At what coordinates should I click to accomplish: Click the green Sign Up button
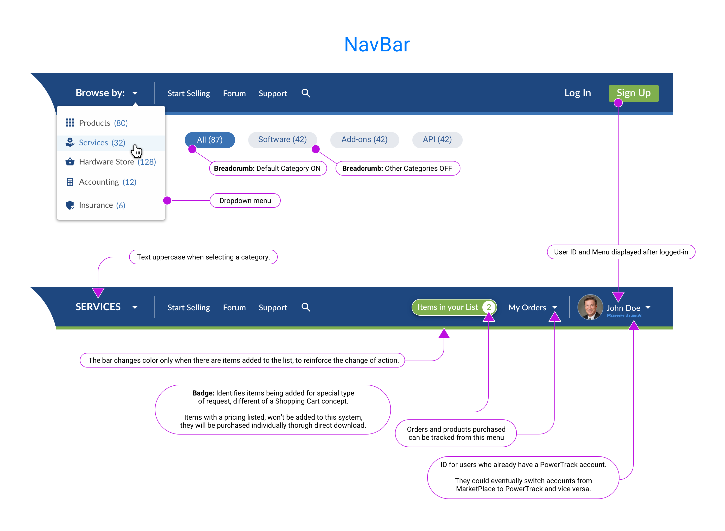click(x=633, y=93)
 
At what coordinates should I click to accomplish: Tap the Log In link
click(x=577, y=93)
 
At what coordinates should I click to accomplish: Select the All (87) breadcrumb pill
click(x=210, y=140)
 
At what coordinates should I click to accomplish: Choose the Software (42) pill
click(x=282, y=140)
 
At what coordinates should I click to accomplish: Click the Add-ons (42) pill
click(x=364, y=140)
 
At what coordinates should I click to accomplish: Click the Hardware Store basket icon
click(x=70, y=162)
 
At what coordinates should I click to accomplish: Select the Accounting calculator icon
click(x=70, y=182)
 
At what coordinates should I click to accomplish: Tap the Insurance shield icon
click(x=70, y=205)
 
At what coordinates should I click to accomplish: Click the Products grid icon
click(x=70, y=123)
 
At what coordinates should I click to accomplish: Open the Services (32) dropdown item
click(x=102, y=143)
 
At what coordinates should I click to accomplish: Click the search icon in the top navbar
click(x=306, y=93)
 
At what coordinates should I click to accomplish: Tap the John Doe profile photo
click(x=590, y=307)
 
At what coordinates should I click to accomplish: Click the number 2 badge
click(x=488, y=307)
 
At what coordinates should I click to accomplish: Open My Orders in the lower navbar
click(x=527, y=308)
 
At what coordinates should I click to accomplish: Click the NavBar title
click(x=377, y=44)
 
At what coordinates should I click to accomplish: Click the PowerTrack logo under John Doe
click(x=624, y=316)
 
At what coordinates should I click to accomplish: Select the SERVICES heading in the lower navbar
click(x=98, y=307)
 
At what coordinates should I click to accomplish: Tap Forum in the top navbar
click(x=234, y=93)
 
